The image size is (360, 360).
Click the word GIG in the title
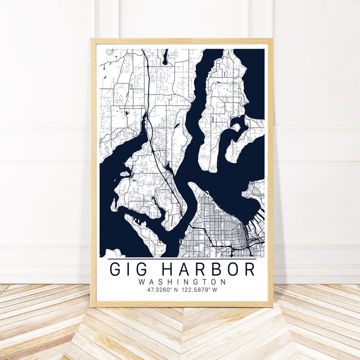coord(128,269)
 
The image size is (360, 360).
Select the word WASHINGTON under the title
coord(182,282)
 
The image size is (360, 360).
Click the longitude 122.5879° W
coord(200,290)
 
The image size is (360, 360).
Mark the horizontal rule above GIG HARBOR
coord(182,259)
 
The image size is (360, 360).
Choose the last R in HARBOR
coord(249,269)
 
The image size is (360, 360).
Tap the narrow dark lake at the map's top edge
coord(166,57)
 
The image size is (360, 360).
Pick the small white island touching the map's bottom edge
coord(114,253)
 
